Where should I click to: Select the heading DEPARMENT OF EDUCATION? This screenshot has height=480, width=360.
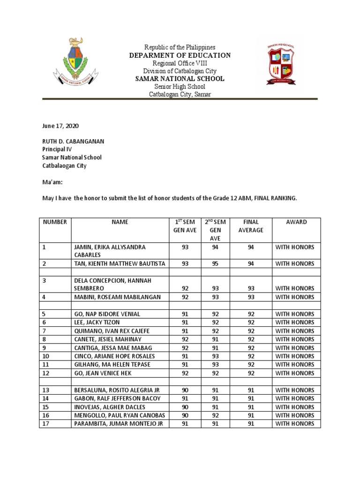click(x=180, y=55)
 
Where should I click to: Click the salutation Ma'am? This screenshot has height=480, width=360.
click(x=51, y=182)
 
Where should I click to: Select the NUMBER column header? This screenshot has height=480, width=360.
click(x=55, y=222)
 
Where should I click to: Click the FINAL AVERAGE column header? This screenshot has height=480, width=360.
click(x=251, y=226)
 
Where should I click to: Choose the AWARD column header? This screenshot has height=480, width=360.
click(x=296, y=222)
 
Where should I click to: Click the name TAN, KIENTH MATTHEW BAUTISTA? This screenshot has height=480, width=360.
click(x=120, y=264)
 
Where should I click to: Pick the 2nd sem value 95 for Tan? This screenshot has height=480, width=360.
click(x=215, y=264)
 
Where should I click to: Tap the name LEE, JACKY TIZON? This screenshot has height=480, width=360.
click(x=96, y=322)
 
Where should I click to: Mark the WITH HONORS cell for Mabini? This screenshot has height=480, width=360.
click(x=295, y=297)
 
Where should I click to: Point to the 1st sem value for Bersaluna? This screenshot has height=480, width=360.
click(x=185, y=390)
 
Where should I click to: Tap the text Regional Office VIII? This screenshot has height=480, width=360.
click(x=180, y=63)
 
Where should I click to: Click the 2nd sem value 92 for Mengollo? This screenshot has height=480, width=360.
click(x=215, y=415)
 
